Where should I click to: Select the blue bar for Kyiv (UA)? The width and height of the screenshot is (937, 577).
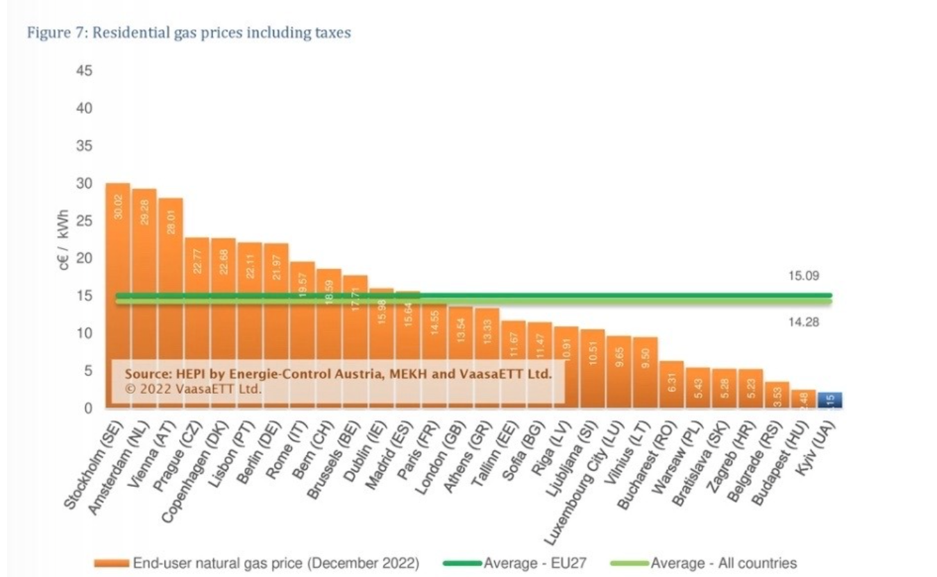[x=829, y=400]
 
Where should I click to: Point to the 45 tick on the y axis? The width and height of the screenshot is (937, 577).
[x=84, y=71]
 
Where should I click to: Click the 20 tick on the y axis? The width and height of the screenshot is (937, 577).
[x=84, y=258]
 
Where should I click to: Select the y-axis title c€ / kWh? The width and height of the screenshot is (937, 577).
[x=65, y=240]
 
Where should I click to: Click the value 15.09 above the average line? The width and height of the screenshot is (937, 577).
[x=804, y=275]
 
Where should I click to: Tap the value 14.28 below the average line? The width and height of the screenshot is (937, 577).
[x=804, y=322]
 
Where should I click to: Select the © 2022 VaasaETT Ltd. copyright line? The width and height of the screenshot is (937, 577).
[x=194, y=389]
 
